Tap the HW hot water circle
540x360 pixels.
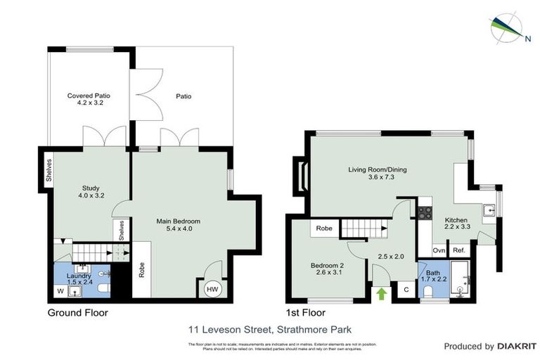click(x=212, y=290)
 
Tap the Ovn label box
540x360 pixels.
click(x=439, y=250)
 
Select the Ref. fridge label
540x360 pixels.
click(x=459, y=250)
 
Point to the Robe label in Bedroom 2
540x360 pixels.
click(x=323, y=229)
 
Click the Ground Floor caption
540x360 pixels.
click(x=77, y=312)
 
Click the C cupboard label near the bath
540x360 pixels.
click(x=406, y=288)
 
